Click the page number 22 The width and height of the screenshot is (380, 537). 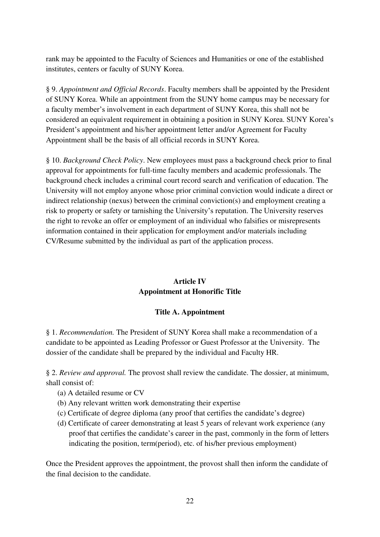pos(190,501)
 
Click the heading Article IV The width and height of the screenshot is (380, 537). pos(190,281)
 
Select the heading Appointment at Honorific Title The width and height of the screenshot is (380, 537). pos(190,291)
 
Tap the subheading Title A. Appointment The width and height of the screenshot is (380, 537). pos(190,312)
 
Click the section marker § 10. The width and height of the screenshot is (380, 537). pos(53,160)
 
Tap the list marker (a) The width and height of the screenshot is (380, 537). pos(62,393)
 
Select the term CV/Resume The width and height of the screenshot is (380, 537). pos(64,241)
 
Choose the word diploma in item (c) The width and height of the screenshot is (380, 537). pos(146,413)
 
